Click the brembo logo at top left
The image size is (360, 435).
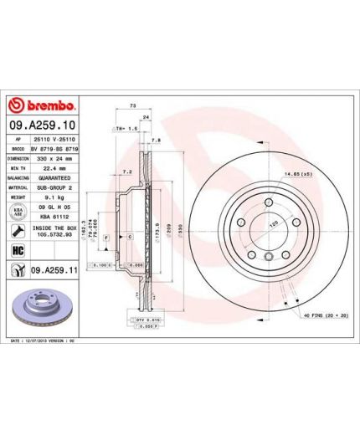pos(42,107)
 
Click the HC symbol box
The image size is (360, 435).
pos(17,251)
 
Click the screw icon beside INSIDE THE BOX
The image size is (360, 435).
pos(17,230)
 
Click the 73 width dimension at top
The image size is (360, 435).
pos(134,108)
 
